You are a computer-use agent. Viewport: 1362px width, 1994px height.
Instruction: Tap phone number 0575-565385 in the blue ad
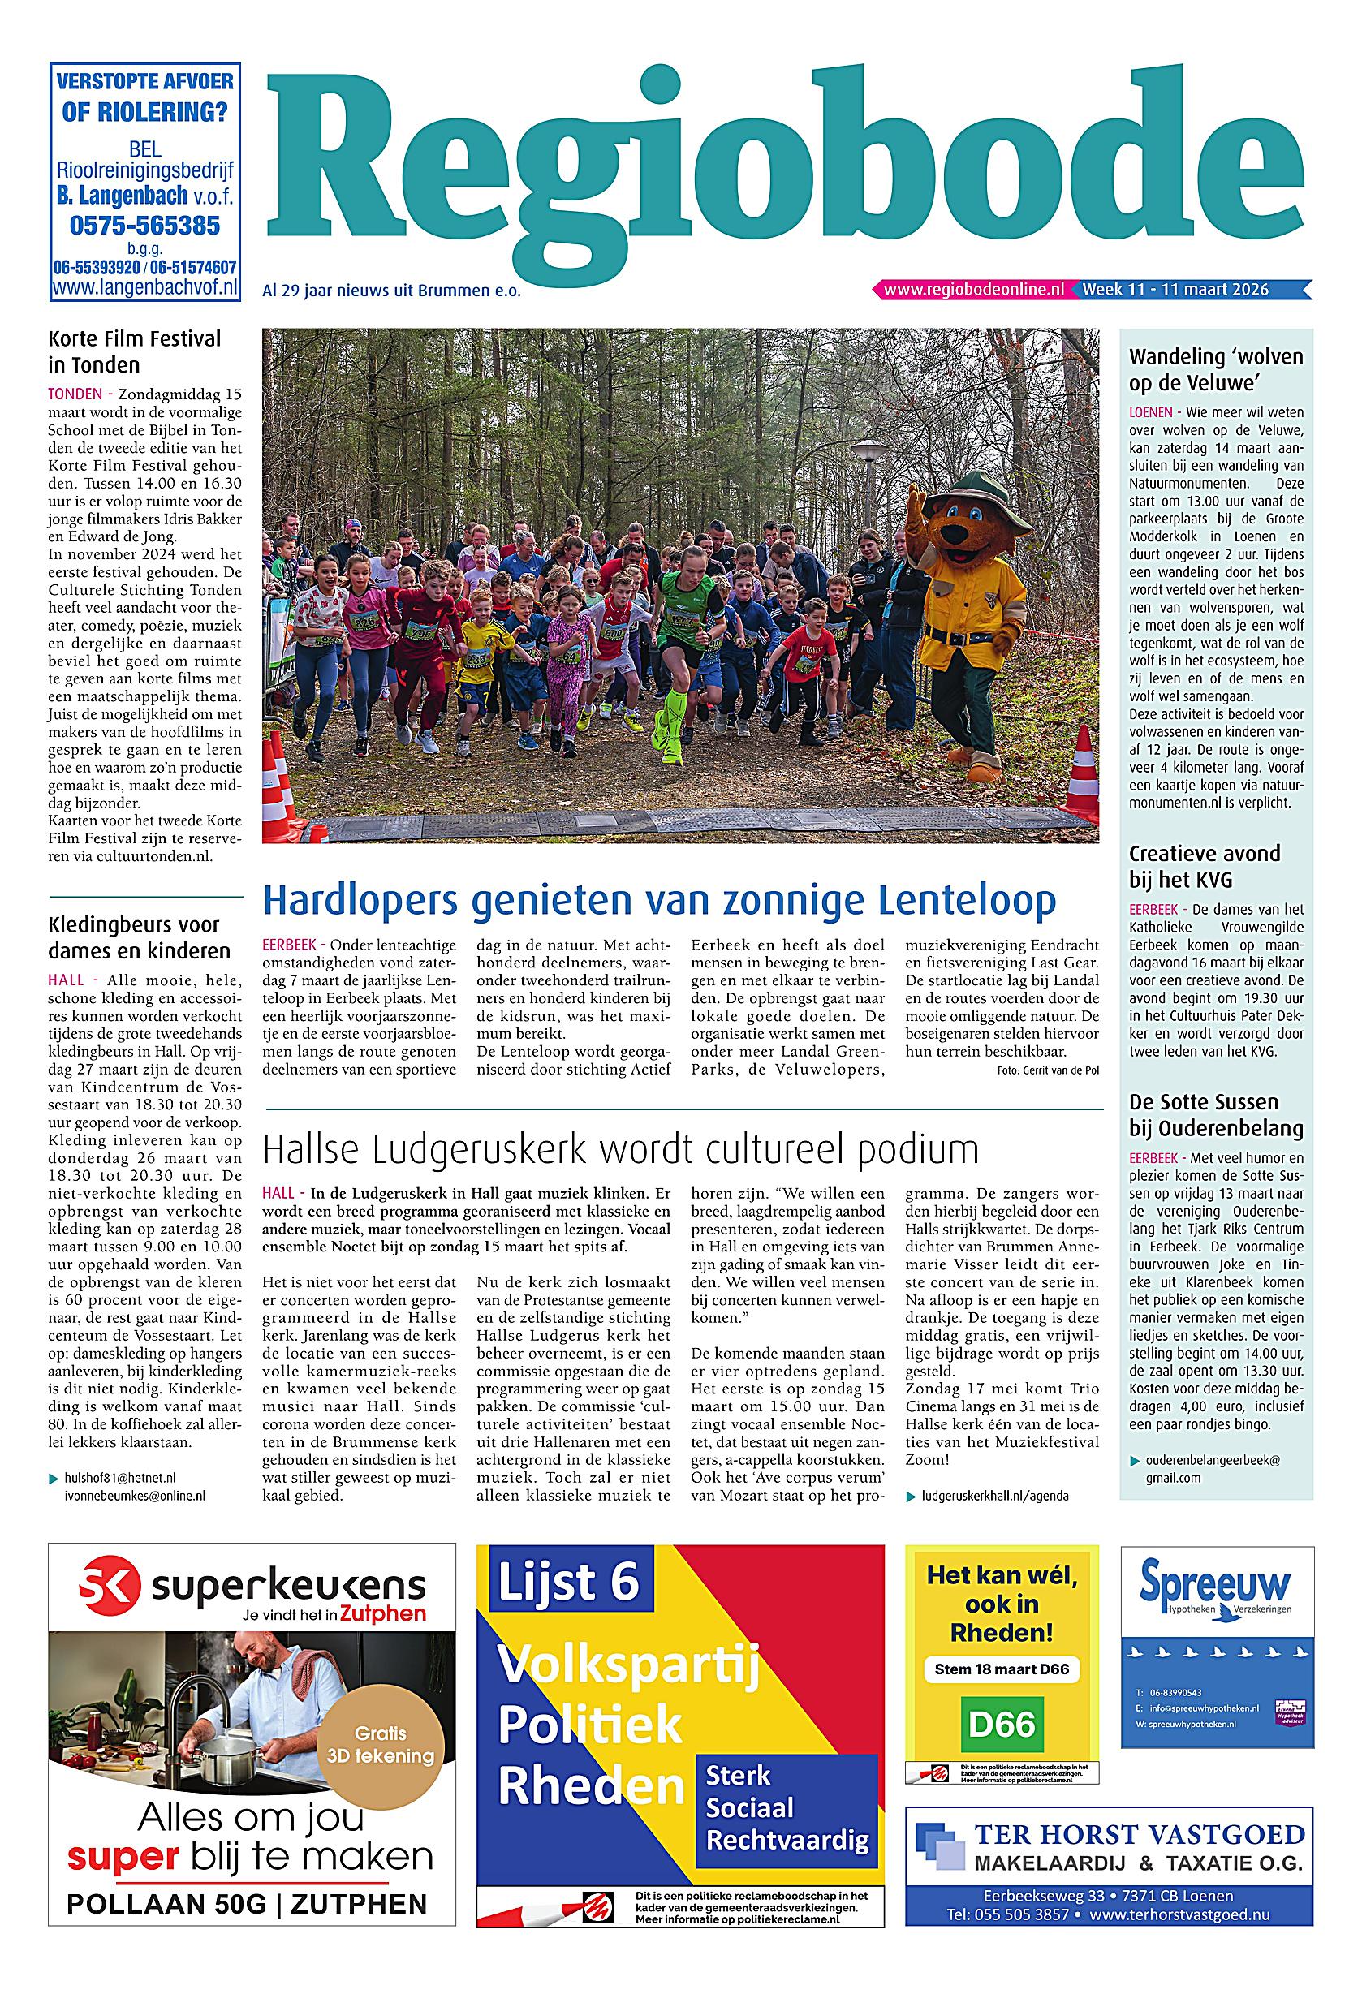(144, 226)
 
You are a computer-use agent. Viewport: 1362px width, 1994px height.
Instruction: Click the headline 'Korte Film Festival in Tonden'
(134, 351)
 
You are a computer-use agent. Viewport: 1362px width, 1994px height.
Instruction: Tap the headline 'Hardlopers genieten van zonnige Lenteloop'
(659, 901)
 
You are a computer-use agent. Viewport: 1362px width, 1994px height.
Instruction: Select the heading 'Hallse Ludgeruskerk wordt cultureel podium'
(620, 1149)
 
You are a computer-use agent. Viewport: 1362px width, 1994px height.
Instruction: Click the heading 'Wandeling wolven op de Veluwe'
(1215, 369)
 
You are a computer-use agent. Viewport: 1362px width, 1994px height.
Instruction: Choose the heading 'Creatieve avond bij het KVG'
(1204, 866)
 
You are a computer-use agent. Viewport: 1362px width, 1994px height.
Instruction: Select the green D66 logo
(1002, 1724)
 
